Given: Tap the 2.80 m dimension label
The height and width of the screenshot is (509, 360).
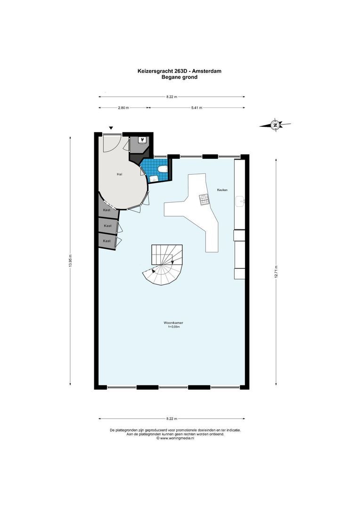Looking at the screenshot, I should pos(123,107).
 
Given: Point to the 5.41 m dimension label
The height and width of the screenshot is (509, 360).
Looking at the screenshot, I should pos(196,107).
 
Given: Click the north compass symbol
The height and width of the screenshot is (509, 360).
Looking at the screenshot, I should pos(275,125).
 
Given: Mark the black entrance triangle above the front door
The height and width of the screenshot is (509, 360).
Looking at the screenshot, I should pos(111,128).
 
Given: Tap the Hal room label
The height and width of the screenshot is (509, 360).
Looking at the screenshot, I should pos(120,174).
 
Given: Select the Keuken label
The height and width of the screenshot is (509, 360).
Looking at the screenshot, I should pos(222,190).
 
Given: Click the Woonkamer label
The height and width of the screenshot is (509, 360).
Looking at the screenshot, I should pos(173,323).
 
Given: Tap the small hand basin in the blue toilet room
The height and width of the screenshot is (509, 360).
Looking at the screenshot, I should pos(154,178).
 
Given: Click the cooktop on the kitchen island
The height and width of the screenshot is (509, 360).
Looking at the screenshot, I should pos(203,200).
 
